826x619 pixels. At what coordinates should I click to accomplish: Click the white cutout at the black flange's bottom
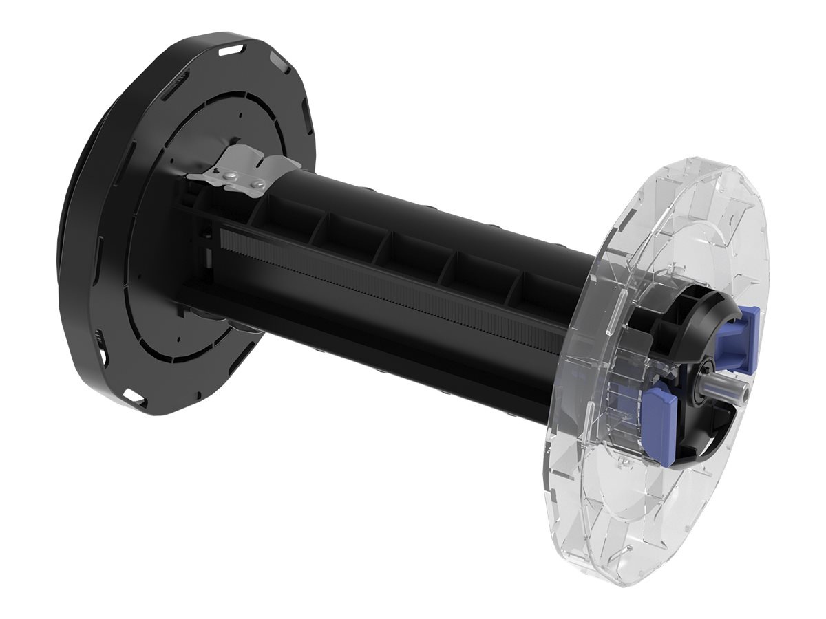pyautogui.click(x=131, y=395)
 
